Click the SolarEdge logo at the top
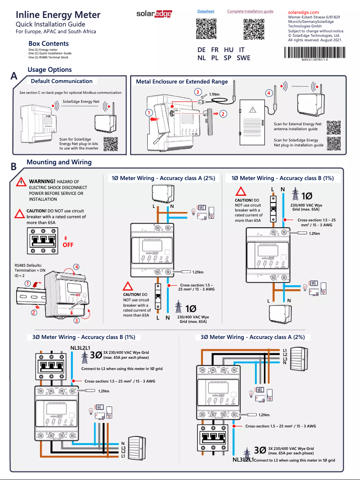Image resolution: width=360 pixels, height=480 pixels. (154, 15)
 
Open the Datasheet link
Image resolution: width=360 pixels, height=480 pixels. (206, 11)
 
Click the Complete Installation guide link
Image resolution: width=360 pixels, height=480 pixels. (250, 11)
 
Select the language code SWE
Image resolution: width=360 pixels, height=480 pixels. (244, 58)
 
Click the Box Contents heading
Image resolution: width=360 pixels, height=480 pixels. (48, 44)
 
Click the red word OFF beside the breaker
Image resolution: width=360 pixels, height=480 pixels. (68, 245)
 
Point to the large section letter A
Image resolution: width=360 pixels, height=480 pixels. (14, 77)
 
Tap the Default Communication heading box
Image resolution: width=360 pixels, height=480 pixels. (61, 81)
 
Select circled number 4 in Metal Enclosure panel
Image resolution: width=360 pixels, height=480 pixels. (269, 93)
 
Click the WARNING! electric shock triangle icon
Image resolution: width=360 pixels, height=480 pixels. (20, 182)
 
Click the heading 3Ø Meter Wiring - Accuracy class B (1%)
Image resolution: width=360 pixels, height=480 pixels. (83, 337)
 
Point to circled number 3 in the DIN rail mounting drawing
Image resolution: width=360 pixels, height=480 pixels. (77, 320)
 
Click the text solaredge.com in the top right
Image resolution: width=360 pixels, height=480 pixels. (303, 12)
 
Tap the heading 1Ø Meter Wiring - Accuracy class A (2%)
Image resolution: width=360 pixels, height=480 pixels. (163, 178)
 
